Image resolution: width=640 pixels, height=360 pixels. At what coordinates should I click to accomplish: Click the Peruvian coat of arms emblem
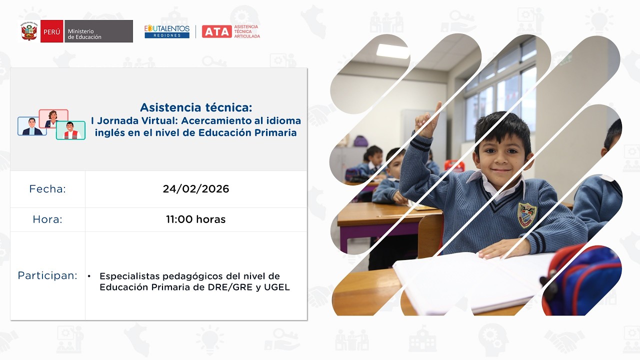tap(30, 31)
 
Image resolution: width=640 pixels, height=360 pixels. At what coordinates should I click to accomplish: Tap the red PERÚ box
tap(52, 31)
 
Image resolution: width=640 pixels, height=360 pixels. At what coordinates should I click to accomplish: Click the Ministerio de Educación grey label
tap(98, 31)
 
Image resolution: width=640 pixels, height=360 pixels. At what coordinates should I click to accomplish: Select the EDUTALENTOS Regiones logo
tap(167, 31)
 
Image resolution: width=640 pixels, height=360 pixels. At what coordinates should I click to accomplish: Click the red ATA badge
tap(216, 31)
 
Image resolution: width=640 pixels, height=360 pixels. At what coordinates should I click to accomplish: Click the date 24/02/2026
tap(196, 189)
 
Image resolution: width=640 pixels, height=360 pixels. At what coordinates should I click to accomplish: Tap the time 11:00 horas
tap(196, 219)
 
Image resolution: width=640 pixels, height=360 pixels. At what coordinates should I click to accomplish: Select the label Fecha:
tap(47, 189)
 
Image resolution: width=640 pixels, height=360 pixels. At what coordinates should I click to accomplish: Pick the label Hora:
tap(47, 219)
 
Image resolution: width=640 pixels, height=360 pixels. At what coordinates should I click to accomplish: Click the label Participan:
tap(47, 275)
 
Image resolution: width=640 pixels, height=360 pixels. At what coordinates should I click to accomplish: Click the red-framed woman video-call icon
tap(53, 119)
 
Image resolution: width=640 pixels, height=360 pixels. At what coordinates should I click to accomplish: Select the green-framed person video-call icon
tap(70, 130)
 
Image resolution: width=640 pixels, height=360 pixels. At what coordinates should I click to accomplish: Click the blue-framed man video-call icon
tap(32, 126)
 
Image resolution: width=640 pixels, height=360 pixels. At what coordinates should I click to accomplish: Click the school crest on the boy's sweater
tap(526, 214)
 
